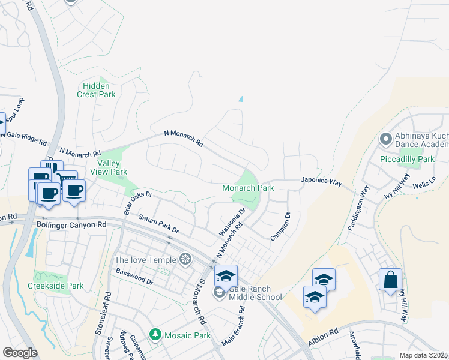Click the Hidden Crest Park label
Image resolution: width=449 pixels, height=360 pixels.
pos(96,90)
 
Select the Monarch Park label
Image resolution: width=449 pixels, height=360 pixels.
pos(248,188)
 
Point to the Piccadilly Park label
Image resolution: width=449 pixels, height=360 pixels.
pos(406,160)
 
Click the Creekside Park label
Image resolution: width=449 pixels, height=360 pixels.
pos(56,286)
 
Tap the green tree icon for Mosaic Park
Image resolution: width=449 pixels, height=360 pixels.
pos(155,333)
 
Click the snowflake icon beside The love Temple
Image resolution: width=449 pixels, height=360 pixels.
pos(186,259)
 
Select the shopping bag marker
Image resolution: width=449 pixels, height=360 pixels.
pos(390,280)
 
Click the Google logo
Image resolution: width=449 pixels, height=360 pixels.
pos(20,353)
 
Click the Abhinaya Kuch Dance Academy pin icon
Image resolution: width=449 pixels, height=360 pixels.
pos(385,140)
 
